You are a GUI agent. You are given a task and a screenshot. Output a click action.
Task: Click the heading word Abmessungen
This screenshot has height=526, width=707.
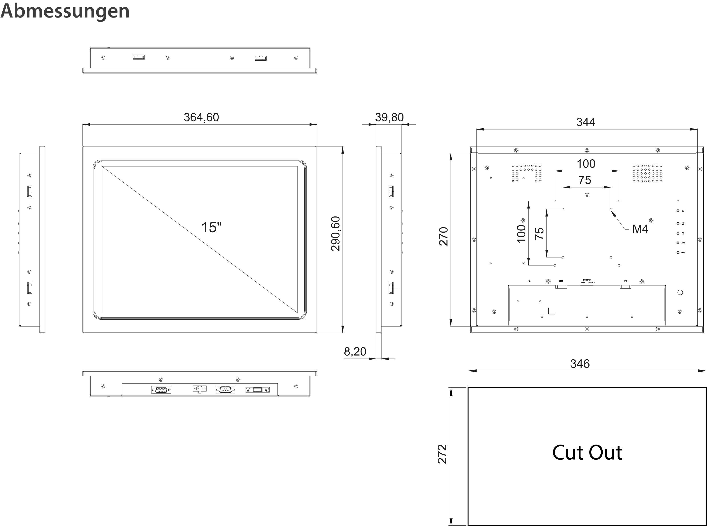[65, 11]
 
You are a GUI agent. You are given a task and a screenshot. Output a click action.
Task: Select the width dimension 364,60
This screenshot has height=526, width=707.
[201, 117]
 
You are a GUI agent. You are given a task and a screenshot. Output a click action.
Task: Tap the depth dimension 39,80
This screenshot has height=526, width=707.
[389, 117]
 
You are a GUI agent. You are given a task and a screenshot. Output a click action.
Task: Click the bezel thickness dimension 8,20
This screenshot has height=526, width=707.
[355, 352]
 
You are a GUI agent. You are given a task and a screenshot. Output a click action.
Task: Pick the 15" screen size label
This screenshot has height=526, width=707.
[211, 227]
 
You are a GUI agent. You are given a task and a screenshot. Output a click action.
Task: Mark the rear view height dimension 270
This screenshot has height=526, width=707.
[444, 236]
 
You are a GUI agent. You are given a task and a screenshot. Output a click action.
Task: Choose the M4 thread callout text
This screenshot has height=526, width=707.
[640, 229]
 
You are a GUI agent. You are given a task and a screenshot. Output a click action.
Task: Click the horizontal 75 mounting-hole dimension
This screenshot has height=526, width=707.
[585, 180]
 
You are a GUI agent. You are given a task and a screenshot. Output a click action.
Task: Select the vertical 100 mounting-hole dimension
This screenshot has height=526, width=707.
[521, 233]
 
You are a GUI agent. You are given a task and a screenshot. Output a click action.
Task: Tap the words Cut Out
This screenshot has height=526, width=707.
[587, 453]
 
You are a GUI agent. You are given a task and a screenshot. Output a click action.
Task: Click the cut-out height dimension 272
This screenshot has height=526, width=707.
[443, 454]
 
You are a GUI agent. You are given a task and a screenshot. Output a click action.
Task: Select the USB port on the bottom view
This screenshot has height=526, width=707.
[257, 390]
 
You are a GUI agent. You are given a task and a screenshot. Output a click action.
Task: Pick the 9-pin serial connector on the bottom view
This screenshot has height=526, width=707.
[225, 390]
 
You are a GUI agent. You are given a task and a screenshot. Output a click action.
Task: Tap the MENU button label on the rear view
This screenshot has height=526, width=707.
[683, 253]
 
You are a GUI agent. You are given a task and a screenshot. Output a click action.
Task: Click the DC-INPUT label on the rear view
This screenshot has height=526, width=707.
[587, 280]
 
